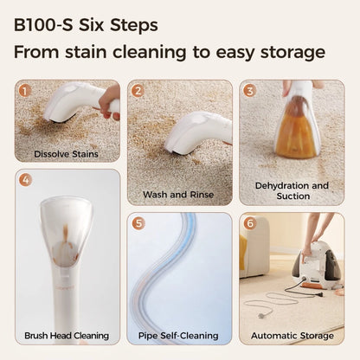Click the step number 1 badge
point(25,91)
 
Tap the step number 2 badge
point(138,91)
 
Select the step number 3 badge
point(250,91)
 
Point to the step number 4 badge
point(25,180)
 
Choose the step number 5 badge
point(138,223)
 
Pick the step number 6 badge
point(250,223)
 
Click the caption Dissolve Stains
point(66,154)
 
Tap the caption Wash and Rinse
point(178,195)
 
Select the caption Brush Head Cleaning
point(67,336)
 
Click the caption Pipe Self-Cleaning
point(178,336)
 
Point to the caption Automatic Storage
point(292,336)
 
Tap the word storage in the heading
point(292,53)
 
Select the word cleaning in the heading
point(150,53)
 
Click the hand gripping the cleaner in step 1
point(109,102)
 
